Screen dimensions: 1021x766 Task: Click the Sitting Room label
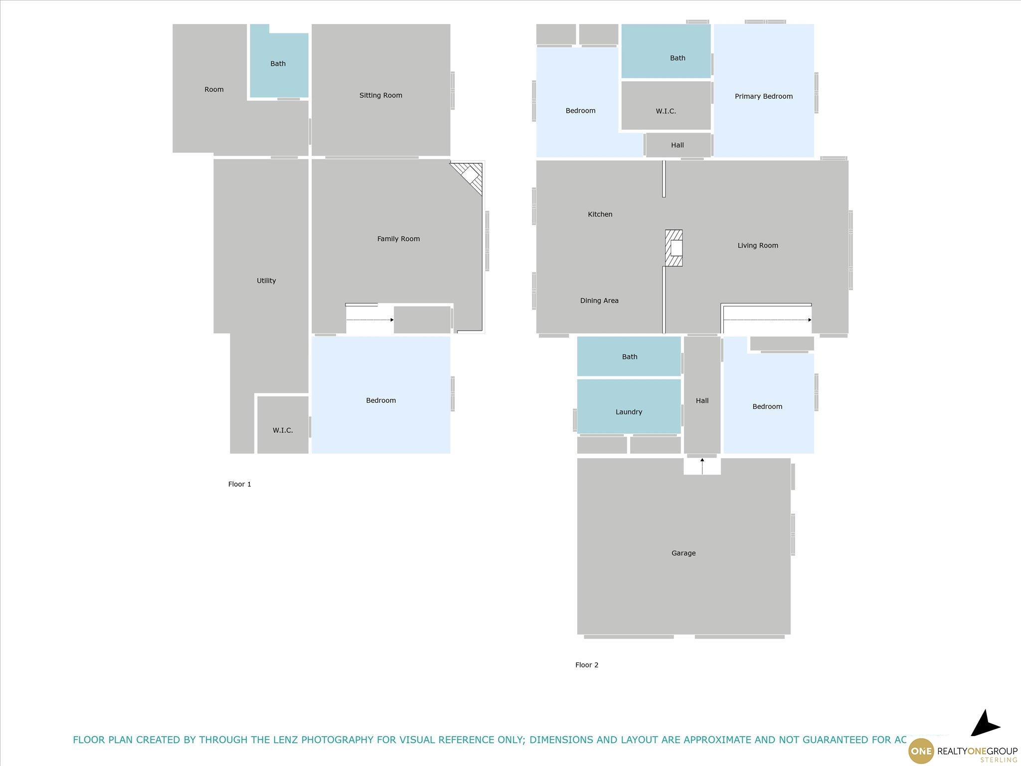380,95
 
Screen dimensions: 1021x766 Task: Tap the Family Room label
398,239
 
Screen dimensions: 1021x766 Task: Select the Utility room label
266,281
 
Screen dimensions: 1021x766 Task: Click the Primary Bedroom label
763,96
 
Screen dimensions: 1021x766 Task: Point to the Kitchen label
600,214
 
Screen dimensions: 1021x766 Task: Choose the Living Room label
758,245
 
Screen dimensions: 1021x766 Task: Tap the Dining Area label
599,301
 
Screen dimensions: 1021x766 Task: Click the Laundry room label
629,412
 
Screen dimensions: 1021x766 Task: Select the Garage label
683,553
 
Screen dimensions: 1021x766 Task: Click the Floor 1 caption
240,484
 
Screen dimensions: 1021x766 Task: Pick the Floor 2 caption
587,665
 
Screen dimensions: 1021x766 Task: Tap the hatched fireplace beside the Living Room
674,248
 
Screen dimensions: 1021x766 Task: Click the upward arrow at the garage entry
702,466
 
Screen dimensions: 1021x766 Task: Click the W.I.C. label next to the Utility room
283,430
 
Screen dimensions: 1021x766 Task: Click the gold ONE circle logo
921,751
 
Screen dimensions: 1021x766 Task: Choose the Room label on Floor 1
214,90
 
